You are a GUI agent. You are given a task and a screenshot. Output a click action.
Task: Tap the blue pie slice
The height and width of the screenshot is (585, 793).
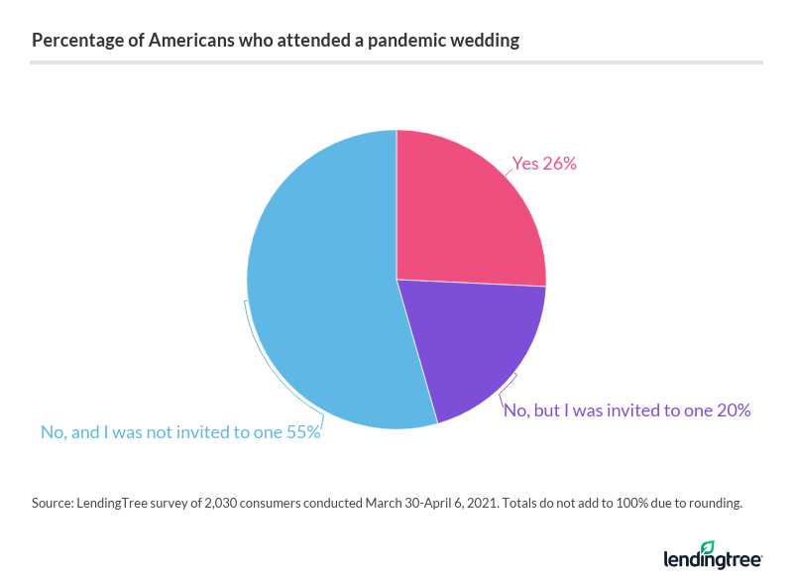pyautogui.click(x=317, y=288)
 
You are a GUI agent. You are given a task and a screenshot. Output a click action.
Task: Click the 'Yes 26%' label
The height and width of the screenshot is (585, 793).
pyautogui.click(x=543, y=164)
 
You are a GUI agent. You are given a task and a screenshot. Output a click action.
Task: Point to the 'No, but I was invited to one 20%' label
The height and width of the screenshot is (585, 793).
pyautogui.click(x=626, y=409)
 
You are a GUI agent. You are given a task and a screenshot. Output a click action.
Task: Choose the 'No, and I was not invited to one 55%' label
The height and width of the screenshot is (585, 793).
pyautogui.click(x=179, y=432)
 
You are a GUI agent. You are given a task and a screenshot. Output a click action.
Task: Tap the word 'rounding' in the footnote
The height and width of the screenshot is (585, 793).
pyautogui.click(x=712, y=504)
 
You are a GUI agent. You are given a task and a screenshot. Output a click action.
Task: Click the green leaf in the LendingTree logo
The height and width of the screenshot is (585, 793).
pyautogui.click(x=707, y=547)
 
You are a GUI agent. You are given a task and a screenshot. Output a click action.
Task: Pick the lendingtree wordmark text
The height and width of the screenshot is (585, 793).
pyautogui.click(x=712, y=560)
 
